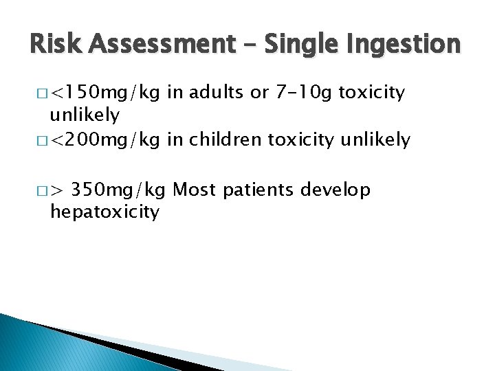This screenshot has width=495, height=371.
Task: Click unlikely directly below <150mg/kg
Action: [85, 114]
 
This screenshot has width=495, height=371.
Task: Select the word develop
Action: [338, 190]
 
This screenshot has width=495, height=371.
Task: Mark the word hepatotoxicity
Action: [104, 212]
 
